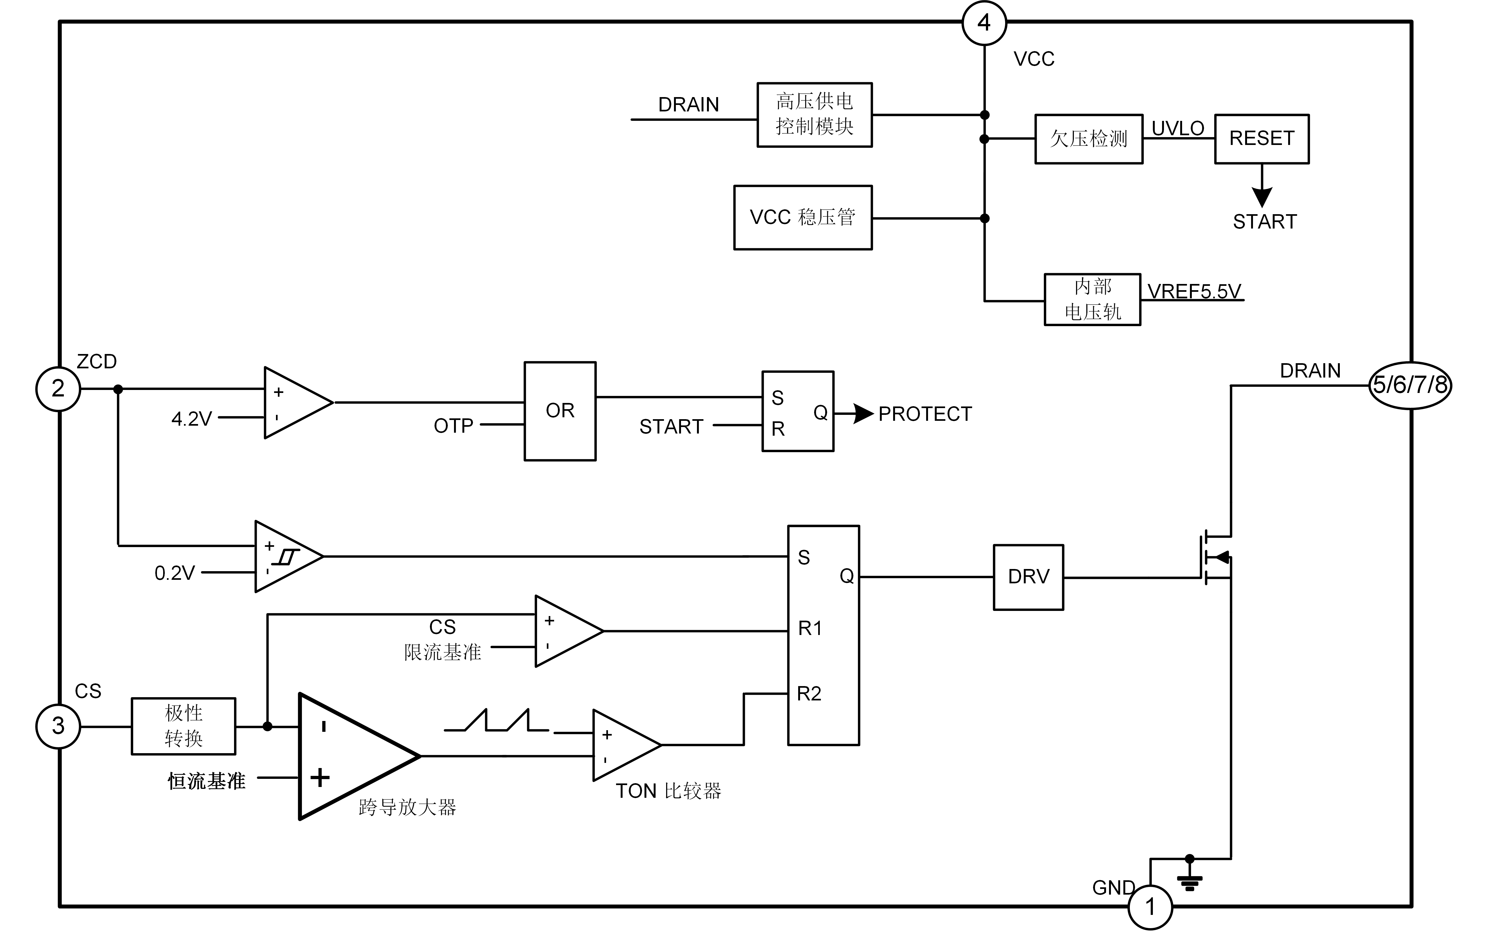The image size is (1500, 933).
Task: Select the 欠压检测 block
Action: (x=1089, y=139)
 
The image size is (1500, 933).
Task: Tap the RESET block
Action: (x=1262, y=139)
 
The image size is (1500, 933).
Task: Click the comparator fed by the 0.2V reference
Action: (x=285, y=557)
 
